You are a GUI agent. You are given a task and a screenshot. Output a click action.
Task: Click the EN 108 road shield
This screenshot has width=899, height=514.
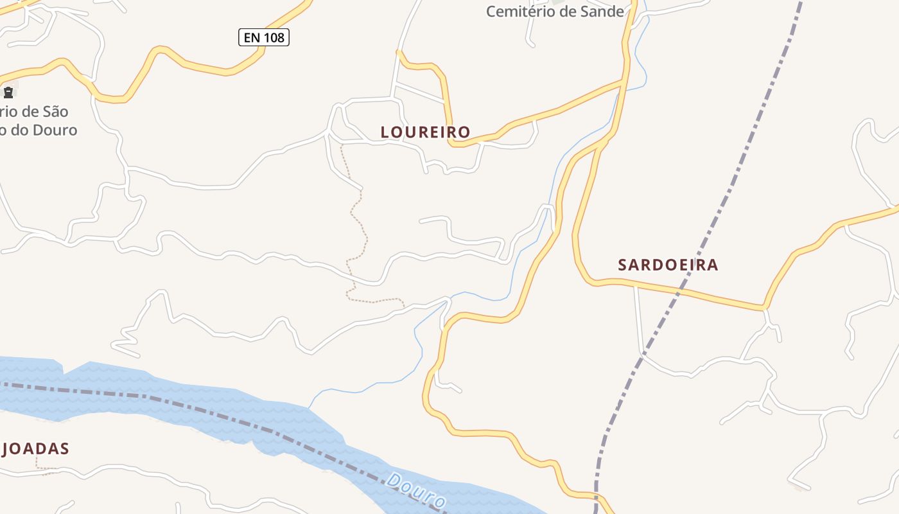pyautogui.click(x=264, y=37)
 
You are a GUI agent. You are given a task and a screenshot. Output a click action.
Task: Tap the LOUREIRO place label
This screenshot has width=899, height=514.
pyautogui.click(x=425, y=132)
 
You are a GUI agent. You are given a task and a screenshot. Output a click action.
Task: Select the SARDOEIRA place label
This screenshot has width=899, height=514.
pyautogui.click(x=668, y=265)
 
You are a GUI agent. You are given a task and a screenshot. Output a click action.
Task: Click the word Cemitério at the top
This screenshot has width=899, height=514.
pyautogui.click(x=519, y=11)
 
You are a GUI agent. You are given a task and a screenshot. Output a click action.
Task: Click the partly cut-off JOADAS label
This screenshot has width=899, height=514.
pyautogui.click(x=35, y=448)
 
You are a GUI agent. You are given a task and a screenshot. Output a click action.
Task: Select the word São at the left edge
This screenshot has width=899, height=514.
pyautogui.click(x=54, y=111)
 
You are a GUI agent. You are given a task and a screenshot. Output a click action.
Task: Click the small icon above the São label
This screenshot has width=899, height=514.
pyautogui.click(x=8, y=92)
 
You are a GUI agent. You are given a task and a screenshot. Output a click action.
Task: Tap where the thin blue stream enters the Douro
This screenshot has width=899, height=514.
pyautogui.click(x=310, y=407)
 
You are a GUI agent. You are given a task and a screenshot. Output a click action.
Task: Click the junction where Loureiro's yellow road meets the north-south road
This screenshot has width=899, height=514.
pyautogui.click(x=624, y=82)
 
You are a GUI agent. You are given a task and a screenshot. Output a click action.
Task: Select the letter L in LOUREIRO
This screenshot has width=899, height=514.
pyautogui.click(x=385, y=132)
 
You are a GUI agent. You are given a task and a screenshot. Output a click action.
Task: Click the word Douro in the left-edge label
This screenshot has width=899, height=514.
pyautogui.click(x=56, y=130)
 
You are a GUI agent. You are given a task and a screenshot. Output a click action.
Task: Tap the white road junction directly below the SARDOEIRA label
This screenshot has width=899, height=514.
pyautogui.click(x=636, y=286)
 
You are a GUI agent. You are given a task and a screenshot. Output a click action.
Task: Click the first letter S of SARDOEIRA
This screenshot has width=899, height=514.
pyautogui.click(x=622, y=265)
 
